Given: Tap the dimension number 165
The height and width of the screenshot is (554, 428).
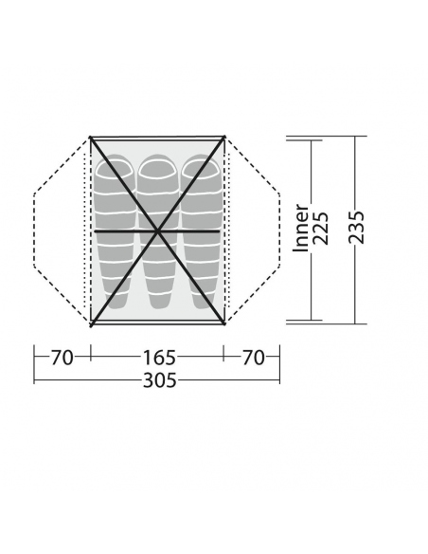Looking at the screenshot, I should point(157,358).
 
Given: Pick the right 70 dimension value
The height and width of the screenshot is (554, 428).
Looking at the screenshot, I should point(252,358).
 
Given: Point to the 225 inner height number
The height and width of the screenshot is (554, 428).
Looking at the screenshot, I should point(321,228).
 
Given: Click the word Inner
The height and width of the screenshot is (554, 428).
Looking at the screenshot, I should point(301,228).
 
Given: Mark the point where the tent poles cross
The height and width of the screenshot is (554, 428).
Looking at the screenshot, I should point(157,231).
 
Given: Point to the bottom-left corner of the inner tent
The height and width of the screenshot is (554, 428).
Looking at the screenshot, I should point(91,323).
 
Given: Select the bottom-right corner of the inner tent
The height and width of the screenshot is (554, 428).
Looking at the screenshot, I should point(224,323).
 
